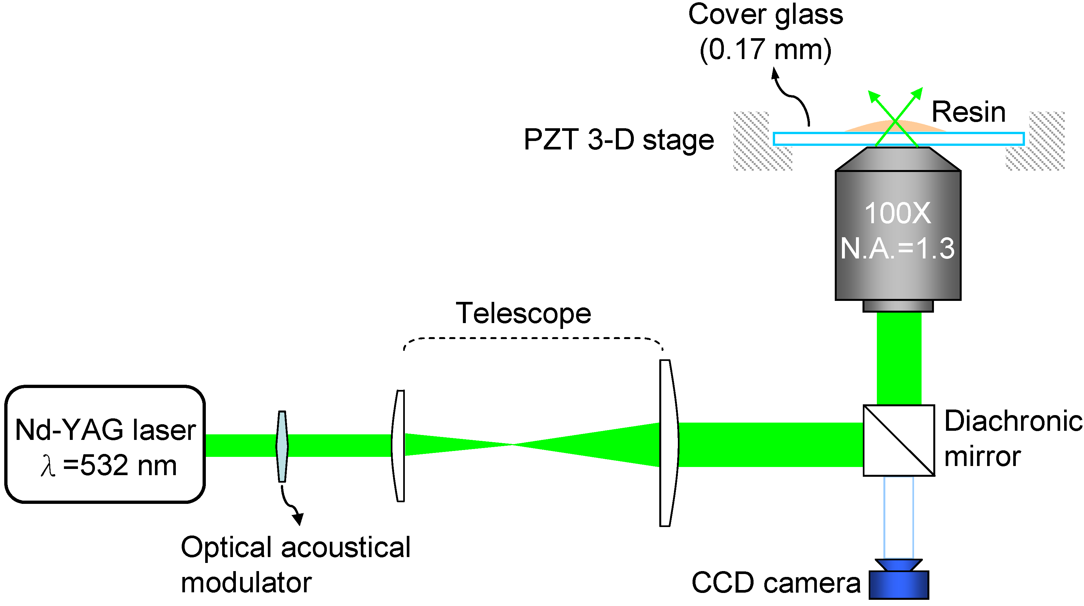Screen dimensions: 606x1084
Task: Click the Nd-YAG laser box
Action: coord(105,444)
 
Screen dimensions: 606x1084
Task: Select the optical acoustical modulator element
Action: coord(282,446)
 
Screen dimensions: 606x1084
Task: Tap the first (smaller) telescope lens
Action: coord(399,446)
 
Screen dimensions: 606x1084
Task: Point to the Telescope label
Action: coord(524,314)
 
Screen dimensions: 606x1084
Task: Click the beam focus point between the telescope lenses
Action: coord(512,444)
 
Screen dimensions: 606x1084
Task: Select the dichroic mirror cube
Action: coord(899,441)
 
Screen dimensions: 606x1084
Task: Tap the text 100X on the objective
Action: coord(898,213)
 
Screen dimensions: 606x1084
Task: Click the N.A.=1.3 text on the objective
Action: coord(898,248)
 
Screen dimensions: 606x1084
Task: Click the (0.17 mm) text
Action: coord(765,50)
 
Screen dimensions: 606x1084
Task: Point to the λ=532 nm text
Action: coord(109,466)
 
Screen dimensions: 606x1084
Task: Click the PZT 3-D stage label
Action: coord(618,140)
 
